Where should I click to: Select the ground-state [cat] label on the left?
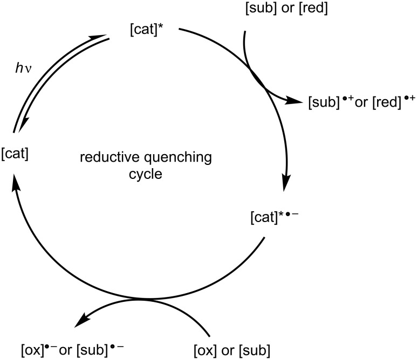pos(16,158)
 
